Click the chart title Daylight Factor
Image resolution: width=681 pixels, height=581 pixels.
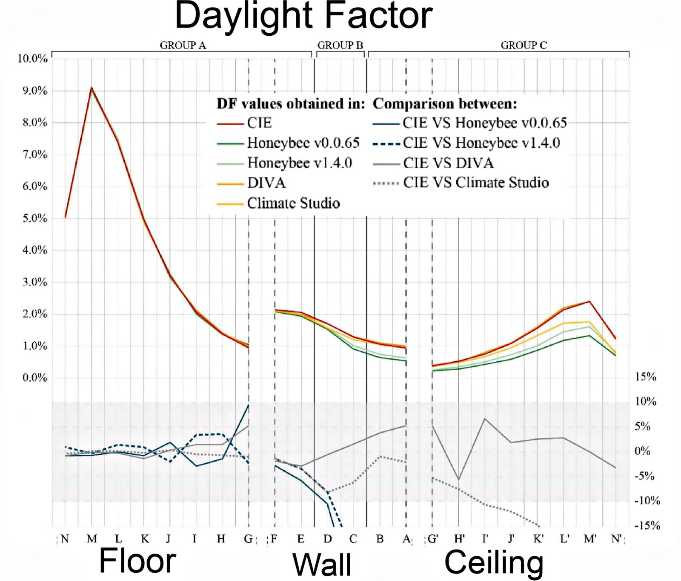click(303, 16)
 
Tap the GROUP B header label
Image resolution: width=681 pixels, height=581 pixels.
click(340, 45)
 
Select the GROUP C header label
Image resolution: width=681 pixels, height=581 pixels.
click(524, 45)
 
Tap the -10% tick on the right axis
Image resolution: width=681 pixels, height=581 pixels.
click(647, 501)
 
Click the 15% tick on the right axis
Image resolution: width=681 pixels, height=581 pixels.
click(645, 377)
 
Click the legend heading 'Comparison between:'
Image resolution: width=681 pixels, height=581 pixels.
click(445, 104)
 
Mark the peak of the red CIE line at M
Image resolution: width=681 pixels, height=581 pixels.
click(92, 88)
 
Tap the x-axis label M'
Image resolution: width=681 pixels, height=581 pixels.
click(590, 539)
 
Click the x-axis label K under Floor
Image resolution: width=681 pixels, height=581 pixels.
click(145, 539)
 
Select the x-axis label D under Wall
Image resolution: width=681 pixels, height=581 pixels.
click(327, 539)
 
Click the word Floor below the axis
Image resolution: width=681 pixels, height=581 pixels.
click(137, 561)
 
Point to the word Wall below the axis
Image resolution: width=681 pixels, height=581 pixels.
click(322, 564)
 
